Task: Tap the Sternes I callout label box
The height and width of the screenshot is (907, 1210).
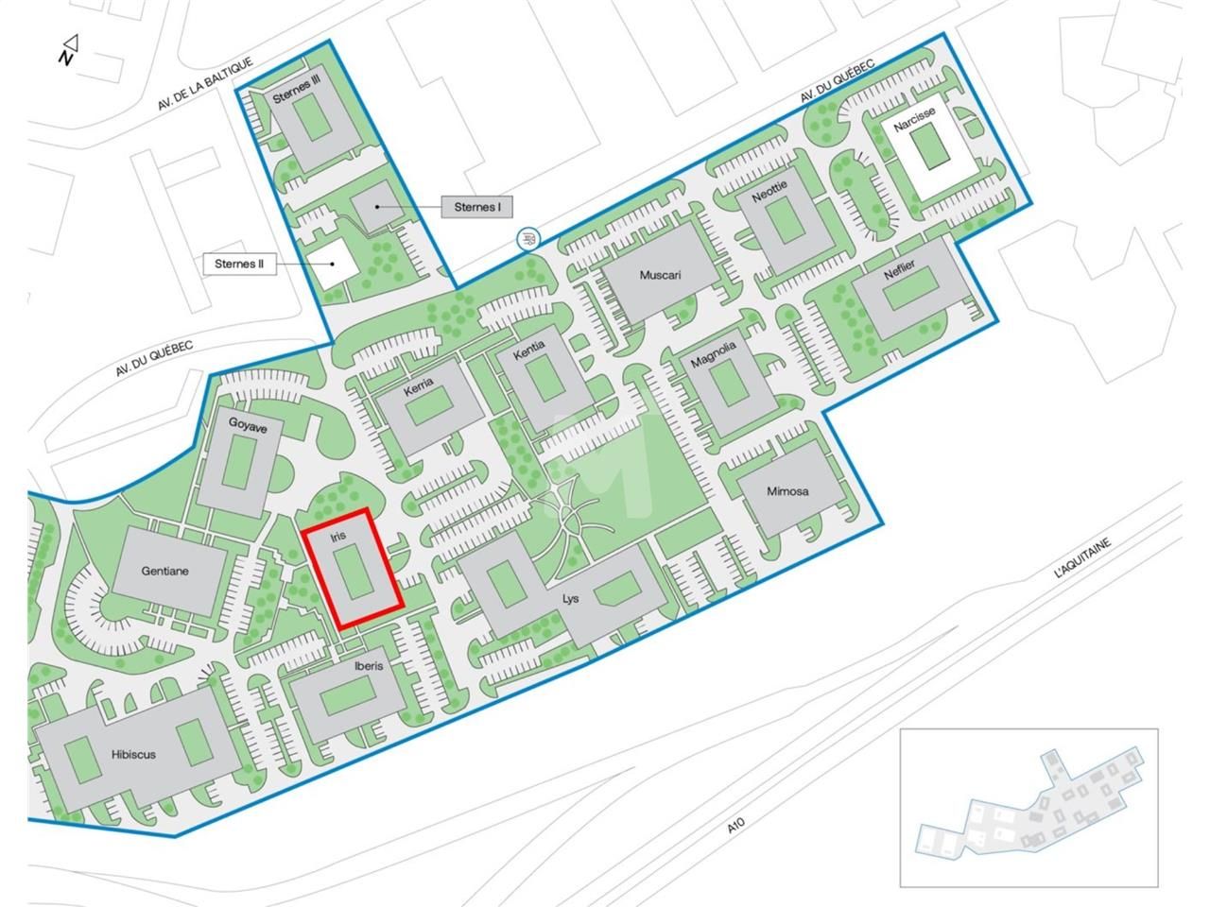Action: click(x=477, y=207)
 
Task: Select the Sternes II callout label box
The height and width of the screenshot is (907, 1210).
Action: click(x=238, y=264)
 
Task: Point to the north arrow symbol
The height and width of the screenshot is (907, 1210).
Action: click(x=68, y=50)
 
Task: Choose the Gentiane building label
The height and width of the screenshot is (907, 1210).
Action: click(x=164, y=571)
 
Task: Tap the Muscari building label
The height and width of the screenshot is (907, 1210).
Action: click(x=660, y=276)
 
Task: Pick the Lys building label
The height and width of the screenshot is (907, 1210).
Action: click(x=570, y=599)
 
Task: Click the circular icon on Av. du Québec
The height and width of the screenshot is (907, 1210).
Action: click(x=528, y=238)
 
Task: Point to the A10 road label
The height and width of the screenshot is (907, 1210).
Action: click(x=737, y=825)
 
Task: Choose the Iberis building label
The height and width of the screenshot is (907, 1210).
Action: click(x=369, y=665)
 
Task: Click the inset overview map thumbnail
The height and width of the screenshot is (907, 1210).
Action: click(x=1028, y=808)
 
